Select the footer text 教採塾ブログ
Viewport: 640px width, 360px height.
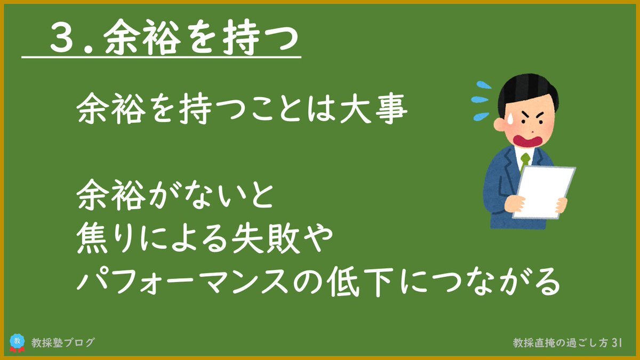(63, 342)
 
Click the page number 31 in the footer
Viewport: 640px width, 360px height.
(617, 343)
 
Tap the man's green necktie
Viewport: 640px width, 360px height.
(525, 162)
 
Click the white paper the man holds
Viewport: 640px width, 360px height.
(543, 192)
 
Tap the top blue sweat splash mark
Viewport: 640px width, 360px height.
(483, 85)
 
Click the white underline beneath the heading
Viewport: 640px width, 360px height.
(162, 57)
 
